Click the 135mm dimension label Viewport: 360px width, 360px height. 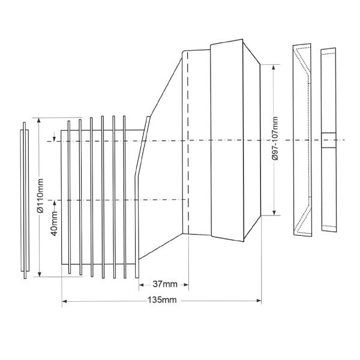pos(162,300)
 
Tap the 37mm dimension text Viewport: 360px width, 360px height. pos(165,284)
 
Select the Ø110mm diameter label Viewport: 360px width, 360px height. pos(40,196)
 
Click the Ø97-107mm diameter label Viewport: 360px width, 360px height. pos(275,139)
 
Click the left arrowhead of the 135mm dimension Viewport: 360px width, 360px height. pos(64,301)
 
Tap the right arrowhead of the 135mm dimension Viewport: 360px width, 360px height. pos(259,301)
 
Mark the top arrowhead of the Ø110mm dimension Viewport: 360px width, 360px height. pos(39,121)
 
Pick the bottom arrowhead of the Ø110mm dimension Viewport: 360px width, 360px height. pos(40,274)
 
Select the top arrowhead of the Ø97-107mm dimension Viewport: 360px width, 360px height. pos(274,67)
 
